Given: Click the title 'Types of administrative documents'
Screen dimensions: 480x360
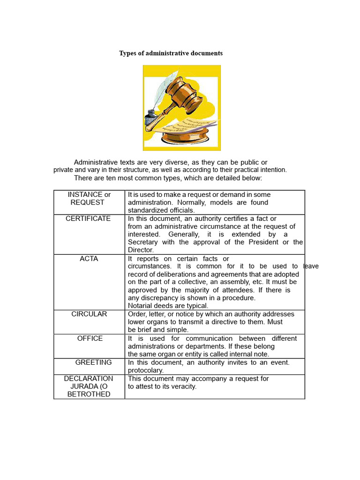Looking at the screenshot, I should (171, 53).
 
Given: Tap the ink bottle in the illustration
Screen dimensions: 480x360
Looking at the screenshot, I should (151, 117).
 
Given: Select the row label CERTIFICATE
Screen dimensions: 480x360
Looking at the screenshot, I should (88, 218).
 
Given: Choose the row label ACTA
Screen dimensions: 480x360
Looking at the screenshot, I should (89, 259).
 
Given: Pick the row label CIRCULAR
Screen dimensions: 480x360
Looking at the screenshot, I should (89, 314).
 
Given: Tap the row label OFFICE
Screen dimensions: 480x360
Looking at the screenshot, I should (90, 338).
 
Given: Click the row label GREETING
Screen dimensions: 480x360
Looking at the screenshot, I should (93, 362).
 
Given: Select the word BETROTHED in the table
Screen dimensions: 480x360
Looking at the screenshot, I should (89, 394).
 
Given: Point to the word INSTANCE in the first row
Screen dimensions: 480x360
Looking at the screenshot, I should (85, 195).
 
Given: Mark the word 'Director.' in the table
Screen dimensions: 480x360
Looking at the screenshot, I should (141, 250).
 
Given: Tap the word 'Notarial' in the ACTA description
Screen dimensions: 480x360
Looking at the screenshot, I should (141, 306).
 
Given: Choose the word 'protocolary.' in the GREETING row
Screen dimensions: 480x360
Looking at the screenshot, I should (146, 370).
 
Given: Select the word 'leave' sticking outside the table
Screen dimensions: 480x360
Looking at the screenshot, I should (310, 266).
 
